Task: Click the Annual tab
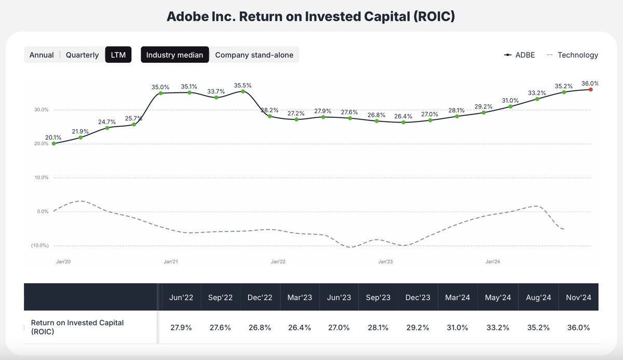click(42, 55)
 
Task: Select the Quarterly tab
click(82, 55)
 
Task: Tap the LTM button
click(118, 55)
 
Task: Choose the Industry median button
click(174, 55)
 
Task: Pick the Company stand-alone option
click(254, 55)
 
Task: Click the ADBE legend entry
click(520, 55)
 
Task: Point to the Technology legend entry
click(573, 55)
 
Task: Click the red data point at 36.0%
click(591, 89)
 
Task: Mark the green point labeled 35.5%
click(243, 91)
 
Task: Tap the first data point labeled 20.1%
click(53, 143)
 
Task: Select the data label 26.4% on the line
click(403, 116)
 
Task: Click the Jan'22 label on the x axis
click(278, 262)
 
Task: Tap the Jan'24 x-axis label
click(493, 262)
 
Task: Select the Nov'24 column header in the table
click(578, 298)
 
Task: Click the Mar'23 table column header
click(300, 298)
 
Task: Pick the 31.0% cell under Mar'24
click(457, 327)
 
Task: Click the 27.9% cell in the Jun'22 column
click(181, 327)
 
